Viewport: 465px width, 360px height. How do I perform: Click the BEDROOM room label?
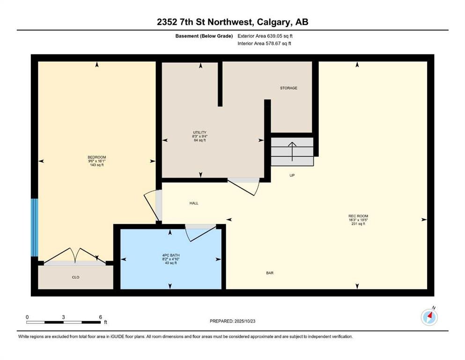click(96, 157)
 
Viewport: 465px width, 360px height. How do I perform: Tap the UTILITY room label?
click(199, 133)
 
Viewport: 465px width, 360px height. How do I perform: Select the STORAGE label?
click(288, 88)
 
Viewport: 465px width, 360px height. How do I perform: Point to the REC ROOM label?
click(358, 216)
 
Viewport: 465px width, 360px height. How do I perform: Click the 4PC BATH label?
click(171, 255)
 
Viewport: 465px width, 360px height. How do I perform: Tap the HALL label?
click(194, 203)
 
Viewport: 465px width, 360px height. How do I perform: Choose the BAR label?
click(270, 273)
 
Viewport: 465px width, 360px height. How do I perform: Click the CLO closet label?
click(75, 277)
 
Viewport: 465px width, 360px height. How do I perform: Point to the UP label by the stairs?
click(292, 175)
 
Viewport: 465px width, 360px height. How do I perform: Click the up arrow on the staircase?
click(292, 152)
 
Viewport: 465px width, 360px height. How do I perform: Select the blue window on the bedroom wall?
click(35, 228)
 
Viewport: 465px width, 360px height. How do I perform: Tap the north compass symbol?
click(429, 317)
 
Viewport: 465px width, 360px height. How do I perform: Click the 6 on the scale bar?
click(101, 317)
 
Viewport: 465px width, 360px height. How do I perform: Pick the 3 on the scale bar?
click(63, 317)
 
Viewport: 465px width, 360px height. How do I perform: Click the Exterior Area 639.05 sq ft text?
click(265, 36)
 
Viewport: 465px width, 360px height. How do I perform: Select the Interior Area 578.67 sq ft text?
click(264, 43)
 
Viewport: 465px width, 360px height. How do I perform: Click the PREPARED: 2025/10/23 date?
click(232, 321)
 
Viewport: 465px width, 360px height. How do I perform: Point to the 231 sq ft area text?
click(358, 224)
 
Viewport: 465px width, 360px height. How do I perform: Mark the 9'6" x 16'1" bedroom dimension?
click(96, 161)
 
